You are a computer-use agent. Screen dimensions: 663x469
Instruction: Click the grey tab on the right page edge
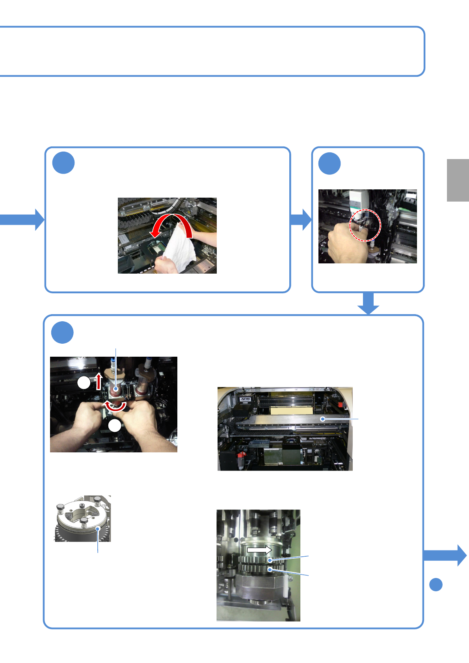[458, 180]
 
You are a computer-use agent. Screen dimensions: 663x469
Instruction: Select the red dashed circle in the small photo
[366, 225]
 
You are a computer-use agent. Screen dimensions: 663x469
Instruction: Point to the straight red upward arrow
[99, 382]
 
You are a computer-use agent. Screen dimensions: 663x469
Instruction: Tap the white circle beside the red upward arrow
[84, 383]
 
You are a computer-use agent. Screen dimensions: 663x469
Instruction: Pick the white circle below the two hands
[115, 426]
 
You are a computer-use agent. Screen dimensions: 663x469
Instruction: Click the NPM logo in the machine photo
[246, 399]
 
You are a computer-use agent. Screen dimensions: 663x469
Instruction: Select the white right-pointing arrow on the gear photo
[259, 550]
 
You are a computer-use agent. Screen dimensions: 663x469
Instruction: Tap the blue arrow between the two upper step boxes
[301, 219]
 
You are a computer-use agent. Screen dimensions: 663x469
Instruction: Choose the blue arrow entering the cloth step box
[23, 219]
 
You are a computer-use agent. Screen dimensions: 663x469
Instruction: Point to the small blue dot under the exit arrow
[436, 585]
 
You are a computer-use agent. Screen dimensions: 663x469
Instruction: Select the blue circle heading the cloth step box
[63, 163]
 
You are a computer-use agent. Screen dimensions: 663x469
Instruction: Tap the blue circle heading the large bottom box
[62, 332]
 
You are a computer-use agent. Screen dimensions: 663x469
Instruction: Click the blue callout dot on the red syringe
[116, 389]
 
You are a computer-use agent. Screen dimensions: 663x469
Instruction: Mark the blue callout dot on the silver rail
[323, 419]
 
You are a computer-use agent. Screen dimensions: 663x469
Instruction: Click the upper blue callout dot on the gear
[270, 560]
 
